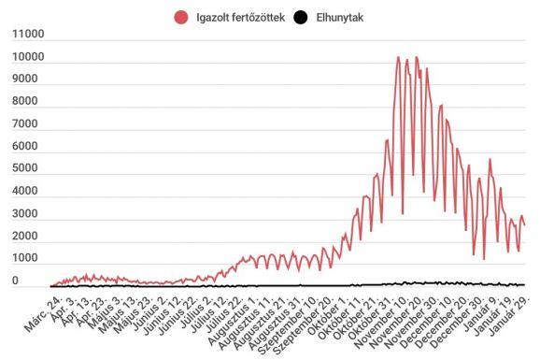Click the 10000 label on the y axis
click(x=27, y=58)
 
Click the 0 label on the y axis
click(x=15, y=281)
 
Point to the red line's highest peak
click(x=398, y=57)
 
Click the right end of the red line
click(x=524, y=225)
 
